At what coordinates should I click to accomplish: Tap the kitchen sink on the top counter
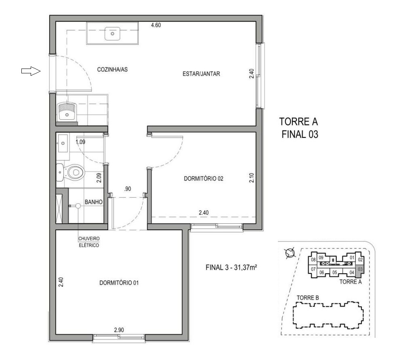(113, 34)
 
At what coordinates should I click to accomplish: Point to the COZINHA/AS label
(113, 69)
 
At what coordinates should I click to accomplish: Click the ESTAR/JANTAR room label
(201, 74)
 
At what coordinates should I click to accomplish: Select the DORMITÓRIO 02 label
(203, 178)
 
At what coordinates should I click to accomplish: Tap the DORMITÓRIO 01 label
(119, 283)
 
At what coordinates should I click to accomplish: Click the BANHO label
(92, 202)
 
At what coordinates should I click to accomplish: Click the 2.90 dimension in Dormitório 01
(119, 330)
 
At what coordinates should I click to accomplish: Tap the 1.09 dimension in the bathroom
(80, 142)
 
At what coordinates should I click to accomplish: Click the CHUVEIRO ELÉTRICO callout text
(89, 241)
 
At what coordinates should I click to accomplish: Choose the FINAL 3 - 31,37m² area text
(232, 267)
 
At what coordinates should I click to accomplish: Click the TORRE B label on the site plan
(308, 298)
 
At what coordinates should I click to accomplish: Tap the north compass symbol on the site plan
(290, 253)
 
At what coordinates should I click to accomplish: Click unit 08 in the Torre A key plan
(313, 260)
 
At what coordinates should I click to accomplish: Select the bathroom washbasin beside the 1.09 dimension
(63, 143)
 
